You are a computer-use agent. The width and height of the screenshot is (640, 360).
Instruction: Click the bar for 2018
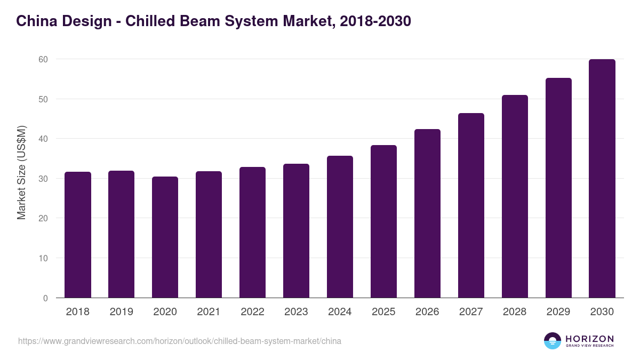[x=78, y=235]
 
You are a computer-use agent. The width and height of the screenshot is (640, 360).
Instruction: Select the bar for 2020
[x=165, y=237]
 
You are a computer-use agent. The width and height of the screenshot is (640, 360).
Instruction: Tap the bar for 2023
[x=296, y=231]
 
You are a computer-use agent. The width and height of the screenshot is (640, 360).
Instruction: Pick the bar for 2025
[x=383, y=221]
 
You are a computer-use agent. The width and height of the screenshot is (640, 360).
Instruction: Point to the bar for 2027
[x=471, y=205]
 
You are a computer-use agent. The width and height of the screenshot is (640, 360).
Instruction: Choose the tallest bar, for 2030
[x=602, y=179]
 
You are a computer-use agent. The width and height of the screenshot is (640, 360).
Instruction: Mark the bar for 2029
[x=558, y=188]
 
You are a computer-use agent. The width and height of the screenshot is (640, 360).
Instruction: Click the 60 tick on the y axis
[x=43, y=59]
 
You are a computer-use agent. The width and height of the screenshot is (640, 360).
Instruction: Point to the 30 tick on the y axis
[x=43, y=179]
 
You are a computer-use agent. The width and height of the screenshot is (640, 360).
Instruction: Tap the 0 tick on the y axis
[x=45, y=298]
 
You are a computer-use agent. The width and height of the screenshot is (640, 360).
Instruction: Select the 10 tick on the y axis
[x=43, y=258]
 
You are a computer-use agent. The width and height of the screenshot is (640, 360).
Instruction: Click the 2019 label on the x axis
[x=122, y=312]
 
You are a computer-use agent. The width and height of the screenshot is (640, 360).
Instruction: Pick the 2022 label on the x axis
[x=252, y=312]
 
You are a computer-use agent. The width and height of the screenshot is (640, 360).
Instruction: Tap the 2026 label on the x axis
[x=427, y=312]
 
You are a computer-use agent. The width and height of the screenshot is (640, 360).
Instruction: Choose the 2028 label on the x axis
[x=515, y=312]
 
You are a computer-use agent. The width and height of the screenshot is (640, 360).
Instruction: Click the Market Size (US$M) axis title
[x=21, y=172]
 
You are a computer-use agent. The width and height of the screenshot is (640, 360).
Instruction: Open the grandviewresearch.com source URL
[x=180, y=341]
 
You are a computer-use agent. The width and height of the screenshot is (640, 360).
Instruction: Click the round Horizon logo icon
[x=553, y=341]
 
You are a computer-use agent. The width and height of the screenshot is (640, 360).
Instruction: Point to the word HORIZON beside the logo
[x=589, y=338]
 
